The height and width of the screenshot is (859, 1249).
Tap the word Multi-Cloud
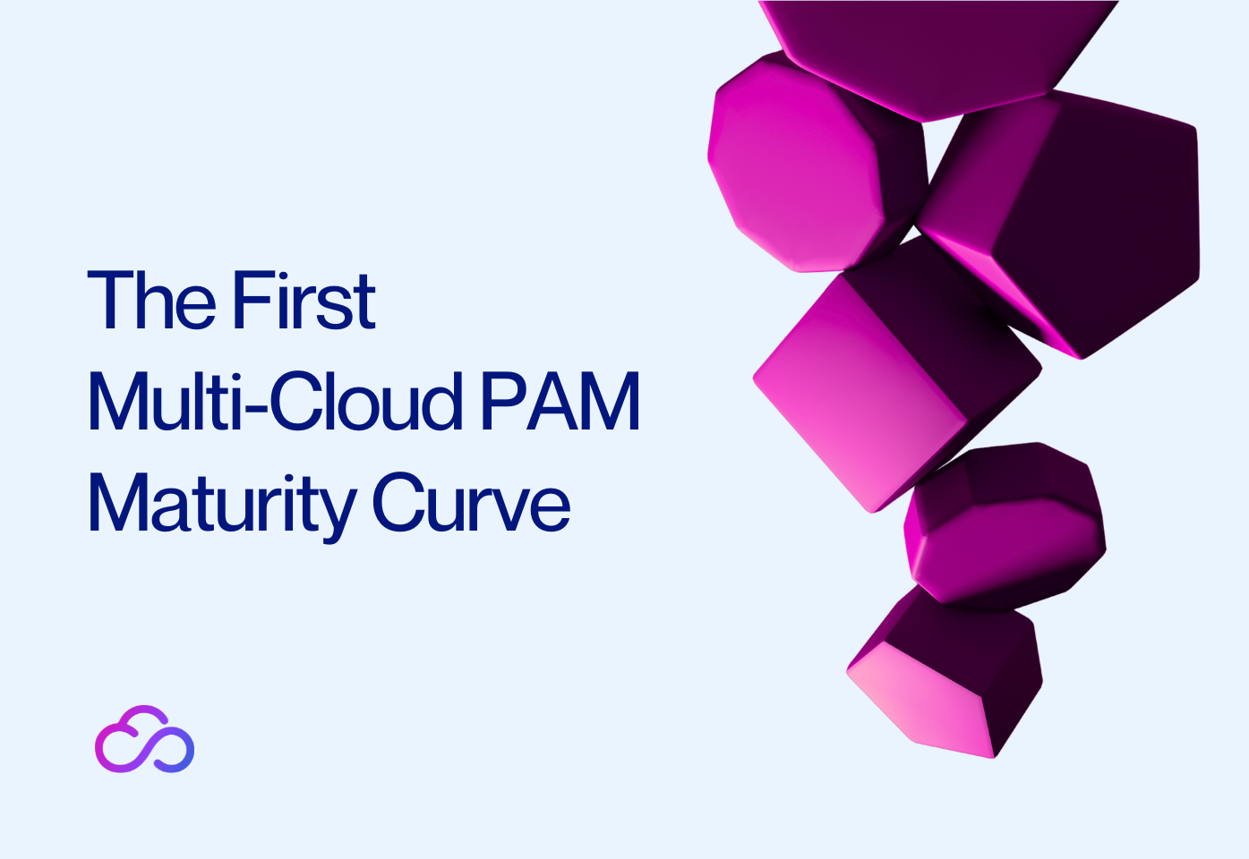point(274,402)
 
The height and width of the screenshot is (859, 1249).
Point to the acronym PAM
point(560,402)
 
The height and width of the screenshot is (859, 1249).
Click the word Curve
point(471,504)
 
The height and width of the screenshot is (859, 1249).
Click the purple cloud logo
point(144,740)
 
